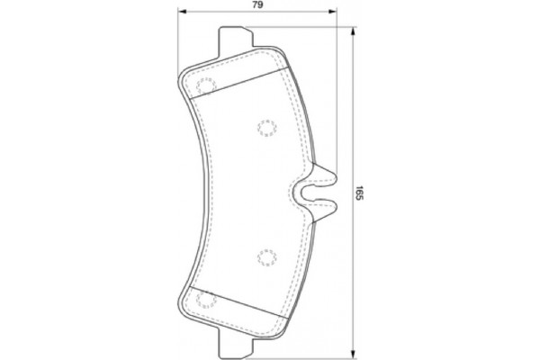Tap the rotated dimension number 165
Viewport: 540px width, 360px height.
click(358, 192)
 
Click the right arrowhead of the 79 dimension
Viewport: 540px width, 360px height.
click(335, 13)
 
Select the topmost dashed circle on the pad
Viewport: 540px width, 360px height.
click(205, 87)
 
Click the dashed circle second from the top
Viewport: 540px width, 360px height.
click(266, 127)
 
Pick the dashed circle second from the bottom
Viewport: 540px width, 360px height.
click(266, 257)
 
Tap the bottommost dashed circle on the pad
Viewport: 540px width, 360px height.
click(205, 300)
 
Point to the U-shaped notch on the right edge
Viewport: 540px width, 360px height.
click(307, 192)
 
